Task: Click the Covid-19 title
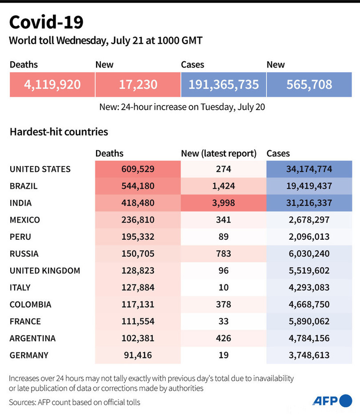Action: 46,22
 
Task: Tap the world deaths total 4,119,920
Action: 52,84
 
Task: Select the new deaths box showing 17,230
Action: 138,84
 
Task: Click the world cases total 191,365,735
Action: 223,84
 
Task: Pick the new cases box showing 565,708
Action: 309,84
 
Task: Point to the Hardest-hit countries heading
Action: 59,132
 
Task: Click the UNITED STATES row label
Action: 40,169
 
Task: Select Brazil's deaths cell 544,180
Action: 138,186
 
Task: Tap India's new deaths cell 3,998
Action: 223,203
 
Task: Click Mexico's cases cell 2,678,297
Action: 309,220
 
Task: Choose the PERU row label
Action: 20,237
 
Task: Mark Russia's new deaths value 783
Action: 223,254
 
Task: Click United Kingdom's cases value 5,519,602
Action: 309,271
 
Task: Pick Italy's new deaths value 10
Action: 223,288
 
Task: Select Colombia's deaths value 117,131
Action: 138,305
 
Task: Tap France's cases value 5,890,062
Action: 309,321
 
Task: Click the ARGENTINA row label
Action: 32,338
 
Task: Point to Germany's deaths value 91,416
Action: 138,355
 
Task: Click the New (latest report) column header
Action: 219,154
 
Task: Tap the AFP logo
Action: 332,400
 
